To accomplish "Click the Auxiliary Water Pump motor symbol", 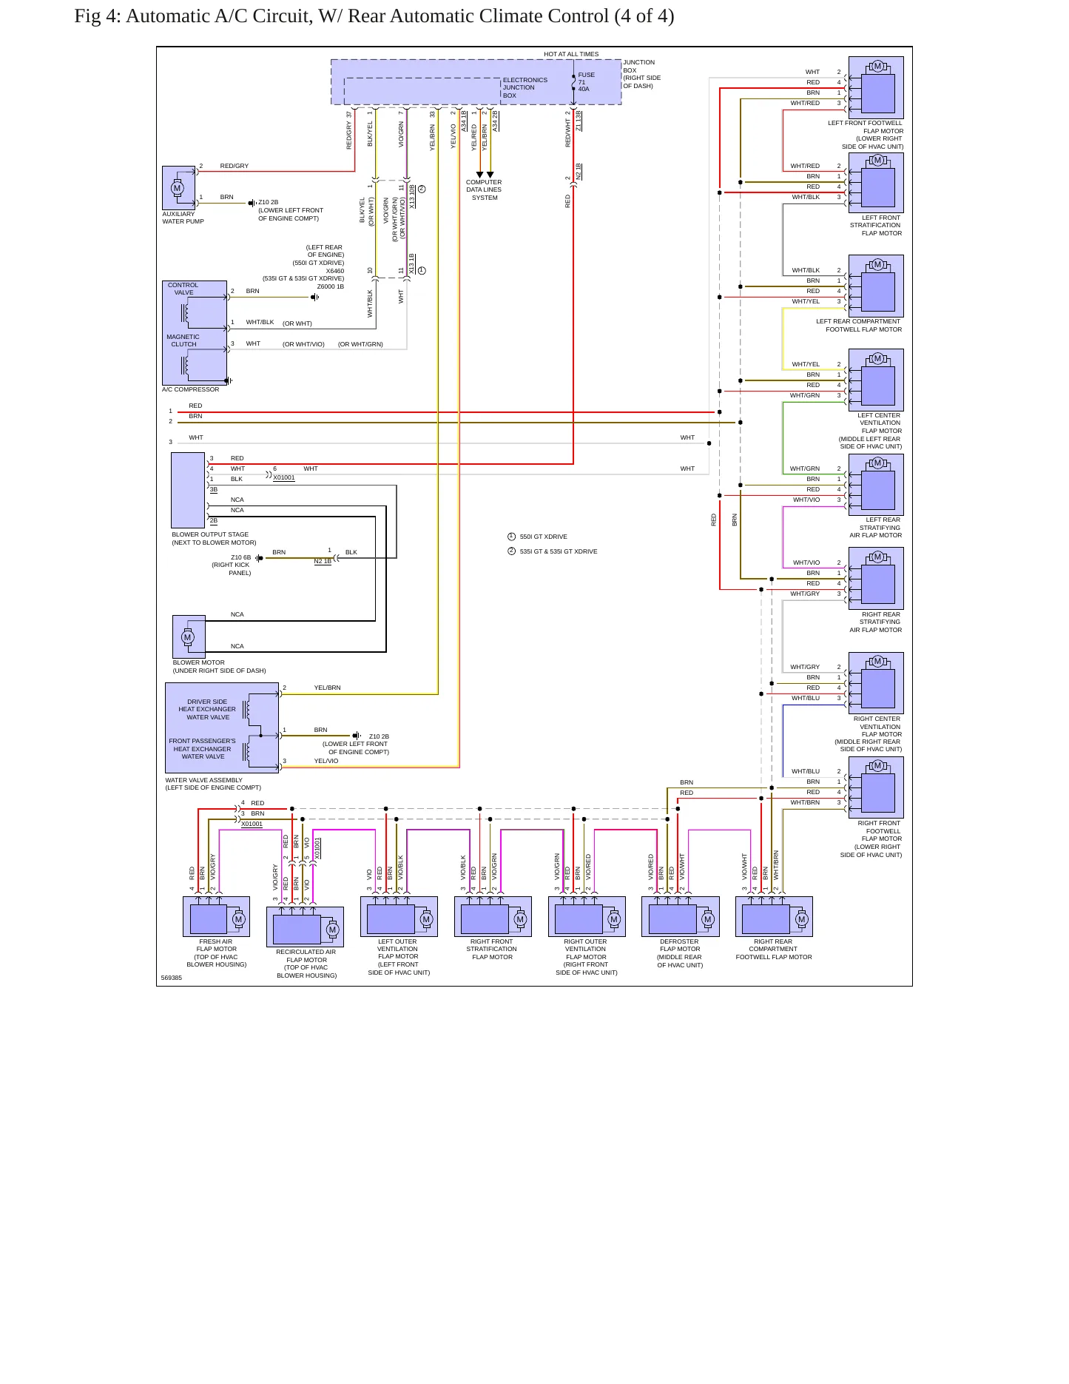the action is pos(177,188).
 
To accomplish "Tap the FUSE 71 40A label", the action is pos(586,81).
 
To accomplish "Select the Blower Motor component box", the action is pos(189,636).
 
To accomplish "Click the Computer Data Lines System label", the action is pos(484,190).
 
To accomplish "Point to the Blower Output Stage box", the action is pos(188,490).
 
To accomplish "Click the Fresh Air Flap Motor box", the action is pos(216,916).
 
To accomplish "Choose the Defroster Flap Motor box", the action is pos(680,916).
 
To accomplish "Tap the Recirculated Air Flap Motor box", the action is pos(305,927).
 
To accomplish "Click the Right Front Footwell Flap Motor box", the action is pos(876,787).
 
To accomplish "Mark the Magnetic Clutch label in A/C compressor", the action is pos(183,340).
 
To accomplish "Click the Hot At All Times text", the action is pos(571,54).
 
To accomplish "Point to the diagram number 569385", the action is pos(171,978).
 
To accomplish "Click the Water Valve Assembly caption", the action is pos(213,784).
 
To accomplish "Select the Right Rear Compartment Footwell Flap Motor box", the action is pos(774,916).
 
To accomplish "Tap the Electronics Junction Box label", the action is pos(525,87).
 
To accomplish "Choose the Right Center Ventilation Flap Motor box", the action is pos(876,682).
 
